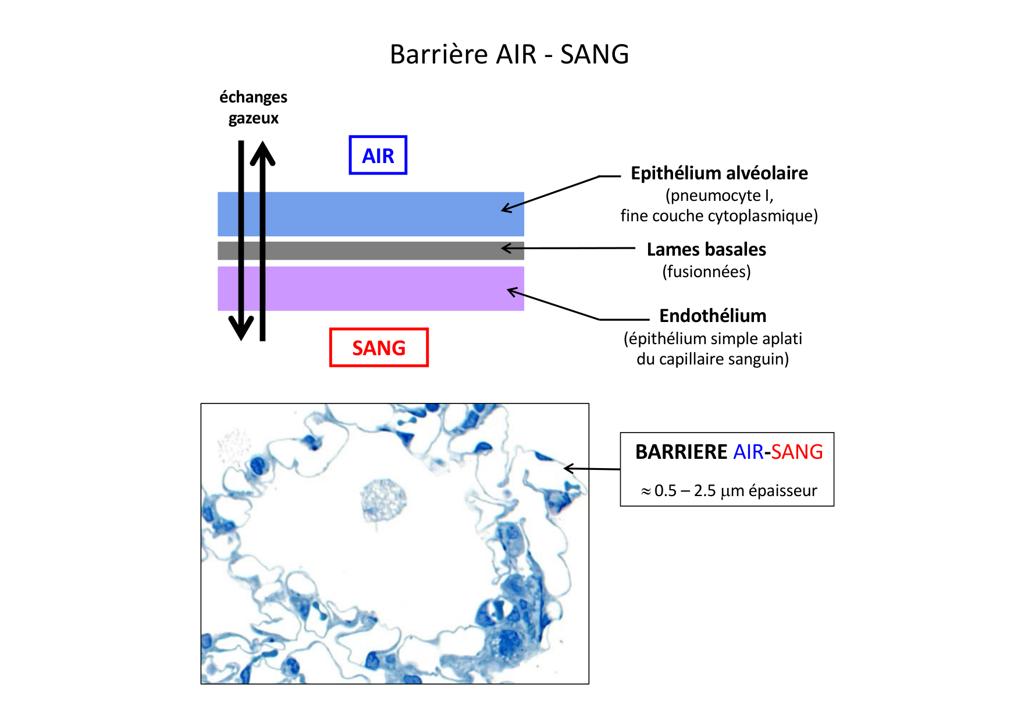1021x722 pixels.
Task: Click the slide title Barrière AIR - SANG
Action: (x=509, y=54)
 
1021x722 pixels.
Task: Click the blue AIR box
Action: (x=378, y=155)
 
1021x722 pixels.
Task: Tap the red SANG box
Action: (x=379, y=348)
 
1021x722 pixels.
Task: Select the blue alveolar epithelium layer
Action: (x=371, y=214)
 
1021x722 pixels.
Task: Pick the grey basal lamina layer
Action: (x=371, y=250)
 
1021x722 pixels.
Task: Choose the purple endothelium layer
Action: (x=371, y=288)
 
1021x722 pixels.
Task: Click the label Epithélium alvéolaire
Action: (x=719, y=174)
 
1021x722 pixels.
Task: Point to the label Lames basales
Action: (x=706, y=249)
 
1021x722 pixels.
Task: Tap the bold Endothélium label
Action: (x=713, y=316)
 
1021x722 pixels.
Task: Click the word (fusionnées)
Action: (x=706, y=271)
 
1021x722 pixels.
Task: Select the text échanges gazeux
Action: (x=253, y=107)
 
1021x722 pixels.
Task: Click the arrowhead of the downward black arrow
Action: (x=241, y=329)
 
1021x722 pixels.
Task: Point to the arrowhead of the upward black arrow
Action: (x=262, y=153)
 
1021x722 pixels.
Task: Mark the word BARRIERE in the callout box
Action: (x=681, y=452)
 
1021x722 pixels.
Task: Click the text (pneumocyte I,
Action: (x=719, y=195)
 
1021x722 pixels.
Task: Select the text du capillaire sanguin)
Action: (x=713, y=359)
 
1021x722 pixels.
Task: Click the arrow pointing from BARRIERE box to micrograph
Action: (x=592, y=469)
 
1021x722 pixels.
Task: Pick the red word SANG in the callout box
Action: (x=797, y=452)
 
